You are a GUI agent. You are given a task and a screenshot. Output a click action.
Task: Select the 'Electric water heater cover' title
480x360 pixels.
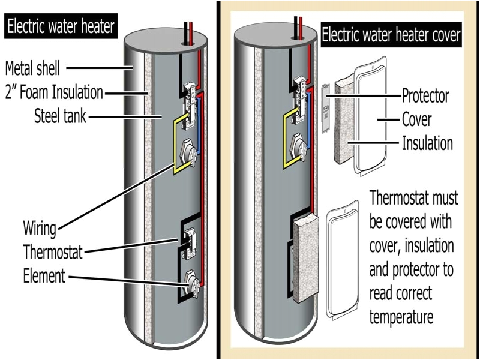tap(391, 35)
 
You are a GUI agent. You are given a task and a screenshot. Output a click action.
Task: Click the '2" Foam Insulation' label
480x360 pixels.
tap(54, 92)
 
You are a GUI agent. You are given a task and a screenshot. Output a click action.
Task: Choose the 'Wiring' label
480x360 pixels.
tap(40, 229)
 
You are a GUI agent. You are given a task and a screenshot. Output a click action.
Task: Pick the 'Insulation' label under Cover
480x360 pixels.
tap(427, 143)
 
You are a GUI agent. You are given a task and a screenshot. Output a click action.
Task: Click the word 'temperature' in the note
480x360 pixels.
tap(401, 317)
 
